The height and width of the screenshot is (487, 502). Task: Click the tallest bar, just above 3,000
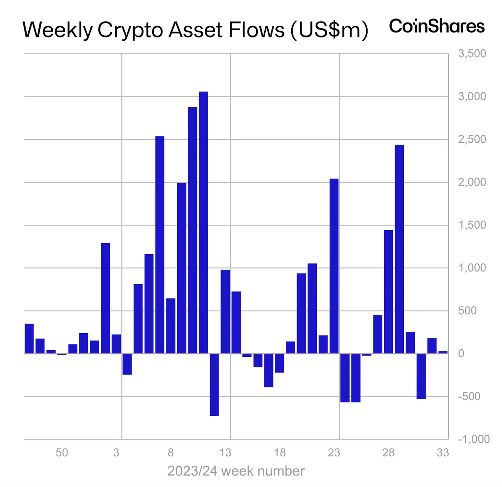coord(203,221)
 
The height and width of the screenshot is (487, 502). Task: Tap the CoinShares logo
coord(437,26)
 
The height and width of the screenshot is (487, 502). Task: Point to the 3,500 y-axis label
coord(472,53)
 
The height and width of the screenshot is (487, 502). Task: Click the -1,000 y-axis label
coord(474,439)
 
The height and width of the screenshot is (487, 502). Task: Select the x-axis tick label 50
coord(62,452)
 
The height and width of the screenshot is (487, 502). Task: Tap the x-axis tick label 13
coord(225,452)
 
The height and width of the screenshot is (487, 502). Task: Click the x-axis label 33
coord(443,452)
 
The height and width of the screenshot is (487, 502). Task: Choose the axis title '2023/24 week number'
coord(236,471)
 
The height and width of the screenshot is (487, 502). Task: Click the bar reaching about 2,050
coord(334,266)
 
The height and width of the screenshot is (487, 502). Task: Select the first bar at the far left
coord(29,338)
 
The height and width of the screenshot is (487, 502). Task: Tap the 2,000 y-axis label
coord(472,182)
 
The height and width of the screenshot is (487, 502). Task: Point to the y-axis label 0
coord(461,353)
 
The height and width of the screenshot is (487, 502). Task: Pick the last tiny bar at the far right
coord(443,352)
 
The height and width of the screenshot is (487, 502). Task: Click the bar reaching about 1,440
coord(388,291)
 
